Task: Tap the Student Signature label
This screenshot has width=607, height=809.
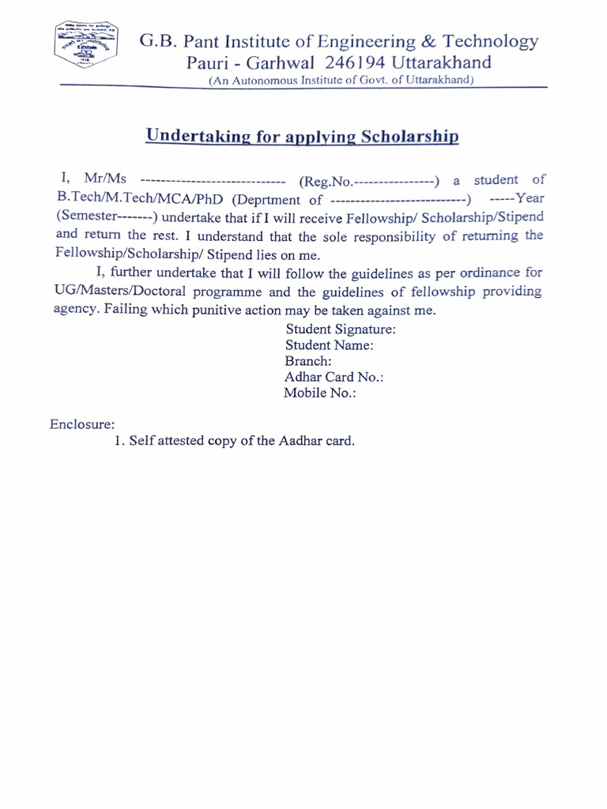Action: [x=341, y=329]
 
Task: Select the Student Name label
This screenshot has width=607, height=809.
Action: [x=330, y=344]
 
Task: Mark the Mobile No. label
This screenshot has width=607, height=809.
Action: [x=320, y=393]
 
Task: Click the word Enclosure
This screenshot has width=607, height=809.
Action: [x=82, y=423]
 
